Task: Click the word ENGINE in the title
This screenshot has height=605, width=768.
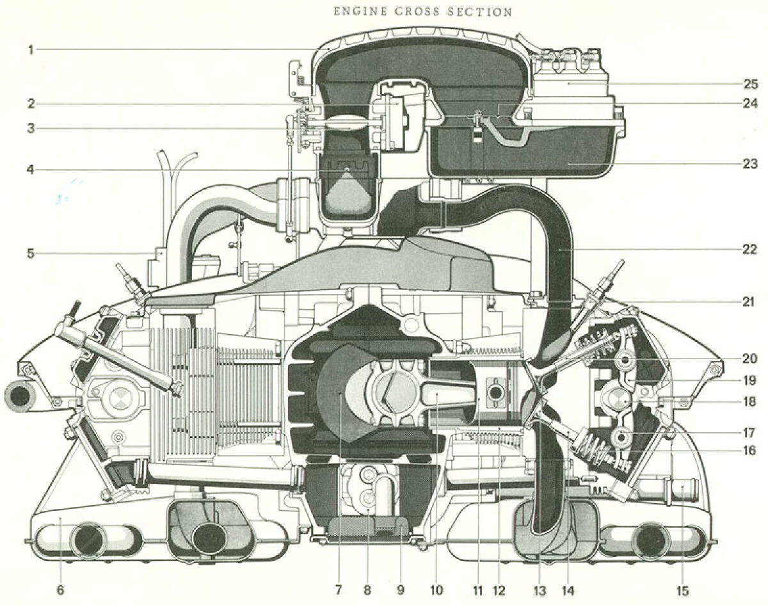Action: click(x=360, y=12)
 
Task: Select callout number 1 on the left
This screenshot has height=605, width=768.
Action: click(x=31, y=50)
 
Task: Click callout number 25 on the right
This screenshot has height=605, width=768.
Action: click(x=750, y=84)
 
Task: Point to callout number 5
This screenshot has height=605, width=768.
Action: click(x=31, y=254)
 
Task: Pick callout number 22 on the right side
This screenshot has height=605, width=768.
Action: click(x=749, y=249)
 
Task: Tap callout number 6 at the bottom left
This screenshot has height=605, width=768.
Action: click(x=60, y=590)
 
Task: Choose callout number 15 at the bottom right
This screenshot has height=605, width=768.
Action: click(x=682, y=591)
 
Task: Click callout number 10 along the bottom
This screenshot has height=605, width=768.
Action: click(x=436, y=590)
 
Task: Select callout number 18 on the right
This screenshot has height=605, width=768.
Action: click(x=749, y=401)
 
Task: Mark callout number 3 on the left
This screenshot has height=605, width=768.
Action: click(x=31, y=128)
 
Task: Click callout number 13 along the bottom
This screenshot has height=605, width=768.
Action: click(x=540, y=591)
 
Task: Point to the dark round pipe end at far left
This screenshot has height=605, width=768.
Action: click(x=20, y=398)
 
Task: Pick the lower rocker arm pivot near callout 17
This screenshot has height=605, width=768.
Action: click(x=621, y=436)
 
